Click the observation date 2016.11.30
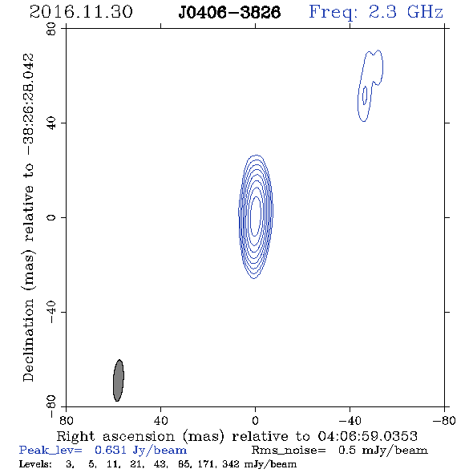click(x=81, y=12)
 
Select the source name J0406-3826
click(x=229, y=13)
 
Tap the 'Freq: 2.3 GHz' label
click(x=376, y=12)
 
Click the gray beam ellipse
click(x=119, y=380)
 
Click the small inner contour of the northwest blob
click(x=365, y=95)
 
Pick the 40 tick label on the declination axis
click(x=51, y=123)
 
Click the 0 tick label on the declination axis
click(x=51, y=217)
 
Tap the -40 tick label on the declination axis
click(x=51, y=312)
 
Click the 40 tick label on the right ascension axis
click(x=160, y=421)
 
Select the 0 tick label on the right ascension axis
click(x=255, y=421)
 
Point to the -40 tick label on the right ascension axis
click(x=350, y=421)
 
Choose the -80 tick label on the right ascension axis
click(x=444, y=421)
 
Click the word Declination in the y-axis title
click(x=28, y=340)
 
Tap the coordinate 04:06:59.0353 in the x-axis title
click(x=368, y=436)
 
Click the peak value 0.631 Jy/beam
click(x=140, y=451)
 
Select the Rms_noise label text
click(x=289, y=451)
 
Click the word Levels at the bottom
click(x=35, y=463)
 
